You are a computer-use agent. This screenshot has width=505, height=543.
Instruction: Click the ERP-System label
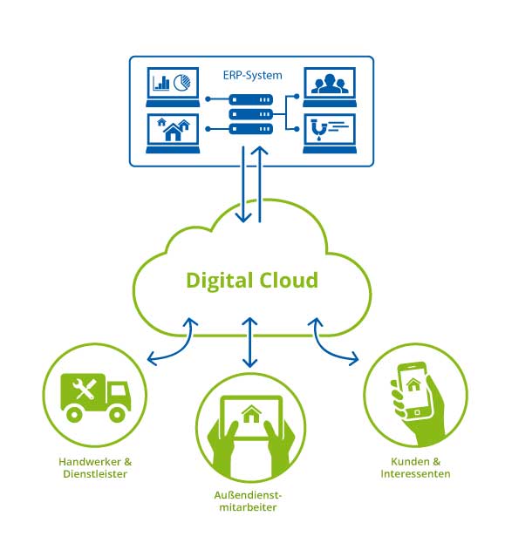point(252,76)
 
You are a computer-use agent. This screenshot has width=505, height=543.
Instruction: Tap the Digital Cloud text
point(252,281)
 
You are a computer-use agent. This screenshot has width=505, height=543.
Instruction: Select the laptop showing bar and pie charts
point(173,87)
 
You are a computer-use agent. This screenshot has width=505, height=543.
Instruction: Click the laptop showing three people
point(330,87)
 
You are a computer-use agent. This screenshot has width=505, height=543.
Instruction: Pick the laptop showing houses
point(173,133)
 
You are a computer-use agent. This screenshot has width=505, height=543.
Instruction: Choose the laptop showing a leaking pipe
point(330,133)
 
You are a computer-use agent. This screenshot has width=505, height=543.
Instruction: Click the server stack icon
point(251,114)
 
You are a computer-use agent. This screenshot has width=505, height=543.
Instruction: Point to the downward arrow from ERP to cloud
point(243,184)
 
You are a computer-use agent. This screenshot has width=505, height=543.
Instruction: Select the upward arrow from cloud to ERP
point(260,184)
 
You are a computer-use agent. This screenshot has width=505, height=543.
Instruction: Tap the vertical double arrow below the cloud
point(249,343)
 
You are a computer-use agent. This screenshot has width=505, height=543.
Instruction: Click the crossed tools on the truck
point(84,389)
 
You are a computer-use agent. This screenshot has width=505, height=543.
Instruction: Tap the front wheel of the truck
point(117,414)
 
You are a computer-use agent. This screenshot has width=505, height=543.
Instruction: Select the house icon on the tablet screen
point(251,414)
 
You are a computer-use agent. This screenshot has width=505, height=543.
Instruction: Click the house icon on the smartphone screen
point(413,384)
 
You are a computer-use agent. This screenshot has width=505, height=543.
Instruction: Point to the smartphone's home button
point(417,412)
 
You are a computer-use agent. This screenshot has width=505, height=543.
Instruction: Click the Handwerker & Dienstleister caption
point(95,468)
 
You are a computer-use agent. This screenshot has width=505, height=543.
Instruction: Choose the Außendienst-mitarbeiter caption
point(248,501)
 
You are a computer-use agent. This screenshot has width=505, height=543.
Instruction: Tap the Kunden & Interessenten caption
point(415,468)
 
